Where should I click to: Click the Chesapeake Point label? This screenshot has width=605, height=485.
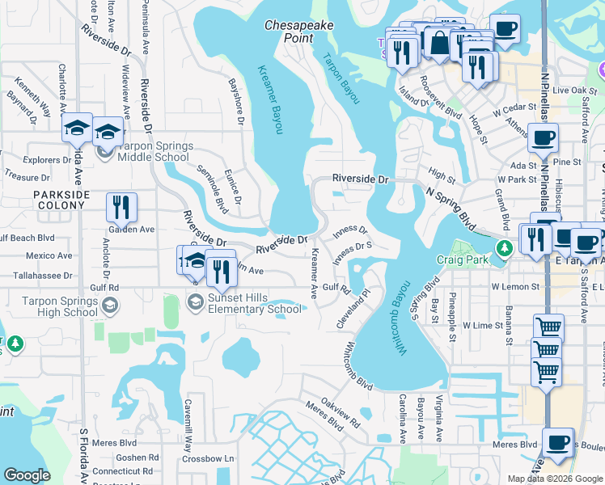(x=299, y=32)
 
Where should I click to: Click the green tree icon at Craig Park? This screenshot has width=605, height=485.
(x=506, y=247)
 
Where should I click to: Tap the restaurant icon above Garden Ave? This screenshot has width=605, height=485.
(x=121, y=207)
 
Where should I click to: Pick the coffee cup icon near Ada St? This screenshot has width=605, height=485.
(x=543, y=137)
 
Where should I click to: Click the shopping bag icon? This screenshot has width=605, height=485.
(x=439, y=44)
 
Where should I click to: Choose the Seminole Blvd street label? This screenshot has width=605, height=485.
(x=209, y=185)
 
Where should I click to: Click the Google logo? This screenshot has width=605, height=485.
(x=27, y=475)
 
